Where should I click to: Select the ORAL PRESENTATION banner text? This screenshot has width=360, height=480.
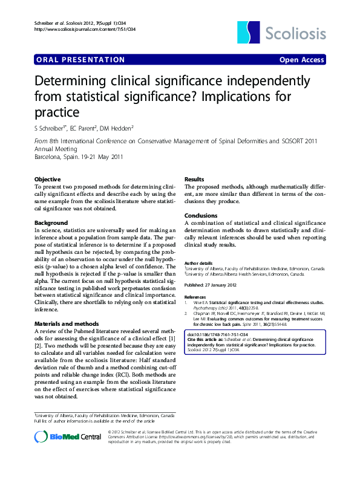click(80, 60)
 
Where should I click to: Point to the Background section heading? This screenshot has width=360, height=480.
click(51, 223)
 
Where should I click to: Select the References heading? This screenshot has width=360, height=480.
click(196, 297)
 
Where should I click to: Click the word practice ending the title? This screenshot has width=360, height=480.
click(57, 112)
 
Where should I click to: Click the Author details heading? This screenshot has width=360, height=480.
click(198, 264)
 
